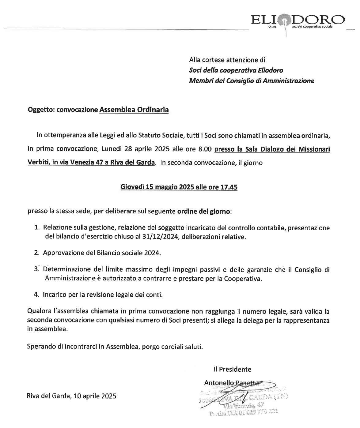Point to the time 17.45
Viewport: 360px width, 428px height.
pos(229,187)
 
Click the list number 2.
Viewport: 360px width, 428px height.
pos(37,253)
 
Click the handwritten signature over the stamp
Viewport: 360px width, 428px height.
pos(242,395)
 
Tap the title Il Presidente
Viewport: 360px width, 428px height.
pos(233,369)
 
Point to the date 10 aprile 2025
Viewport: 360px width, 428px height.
pos(95,396)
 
